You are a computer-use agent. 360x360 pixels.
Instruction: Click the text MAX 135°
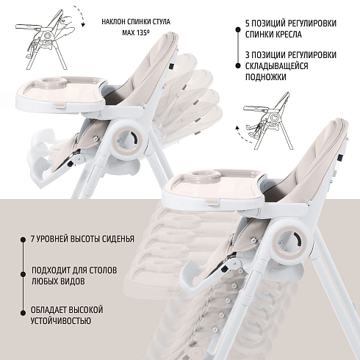pos(136,32)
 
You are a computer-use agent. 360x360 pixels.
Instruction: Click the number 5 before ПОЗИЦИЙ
pos(248,24)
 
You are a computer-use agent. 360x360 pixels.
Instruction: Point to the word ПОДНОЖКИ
pos(266,77)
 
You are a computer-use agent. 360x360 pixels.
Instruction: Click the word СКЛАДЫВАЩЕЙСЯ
pos(277,66)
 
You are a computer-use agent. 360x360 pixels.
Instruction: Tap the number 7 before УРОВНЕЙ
pos(33,239)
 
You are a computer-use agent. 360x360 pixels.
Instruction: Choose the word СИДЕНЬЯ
pos(118,239)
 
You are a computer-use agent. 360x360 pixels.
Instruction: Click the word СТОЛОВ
pos(102,270)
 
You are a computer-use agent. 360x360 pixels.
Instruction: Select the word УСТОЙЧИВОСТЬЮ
pos(61,320)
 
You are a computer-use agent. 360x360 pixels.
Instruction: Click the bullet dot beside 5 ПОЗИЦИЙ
pos(237,29)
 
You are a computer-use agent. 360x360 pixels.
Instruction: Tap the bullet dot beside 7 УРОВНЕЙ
pos(23,240)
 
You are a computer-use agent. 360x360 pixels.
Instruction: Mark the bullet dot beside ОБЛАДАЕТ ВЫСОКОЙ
pos(23,313)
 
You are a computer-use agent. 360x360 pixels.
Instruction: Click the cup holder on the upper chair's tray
pos(55,82)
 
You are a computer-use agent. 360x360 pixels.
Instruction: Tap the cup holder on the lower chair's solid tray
pos(206,175)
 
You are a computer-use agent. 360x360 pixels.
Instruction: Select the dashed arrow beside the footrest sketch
pos(241,135)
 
